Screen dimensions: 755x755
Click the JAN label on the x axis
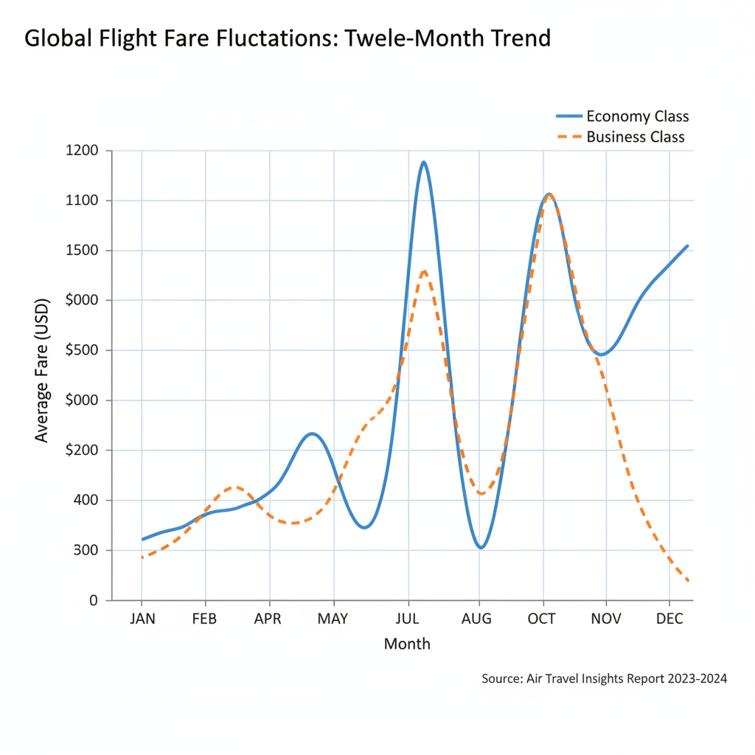point(142,618)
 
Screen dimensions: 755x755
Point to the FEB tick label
point(204,618)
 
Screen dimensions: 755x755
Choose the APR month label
point(268,618)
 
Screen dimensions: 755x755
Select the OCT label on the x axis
point(542,618)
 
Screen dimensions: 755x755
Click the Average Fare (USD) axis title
point(42,370)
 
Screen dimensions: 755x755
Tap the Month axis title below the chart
point(407,644)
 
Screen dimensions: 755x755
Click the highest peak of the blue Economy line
point(423,162)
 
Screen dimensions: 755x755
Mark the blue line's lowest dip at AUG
point(481,548)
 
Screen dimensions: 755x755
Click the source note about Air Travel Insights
point(604,678)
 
